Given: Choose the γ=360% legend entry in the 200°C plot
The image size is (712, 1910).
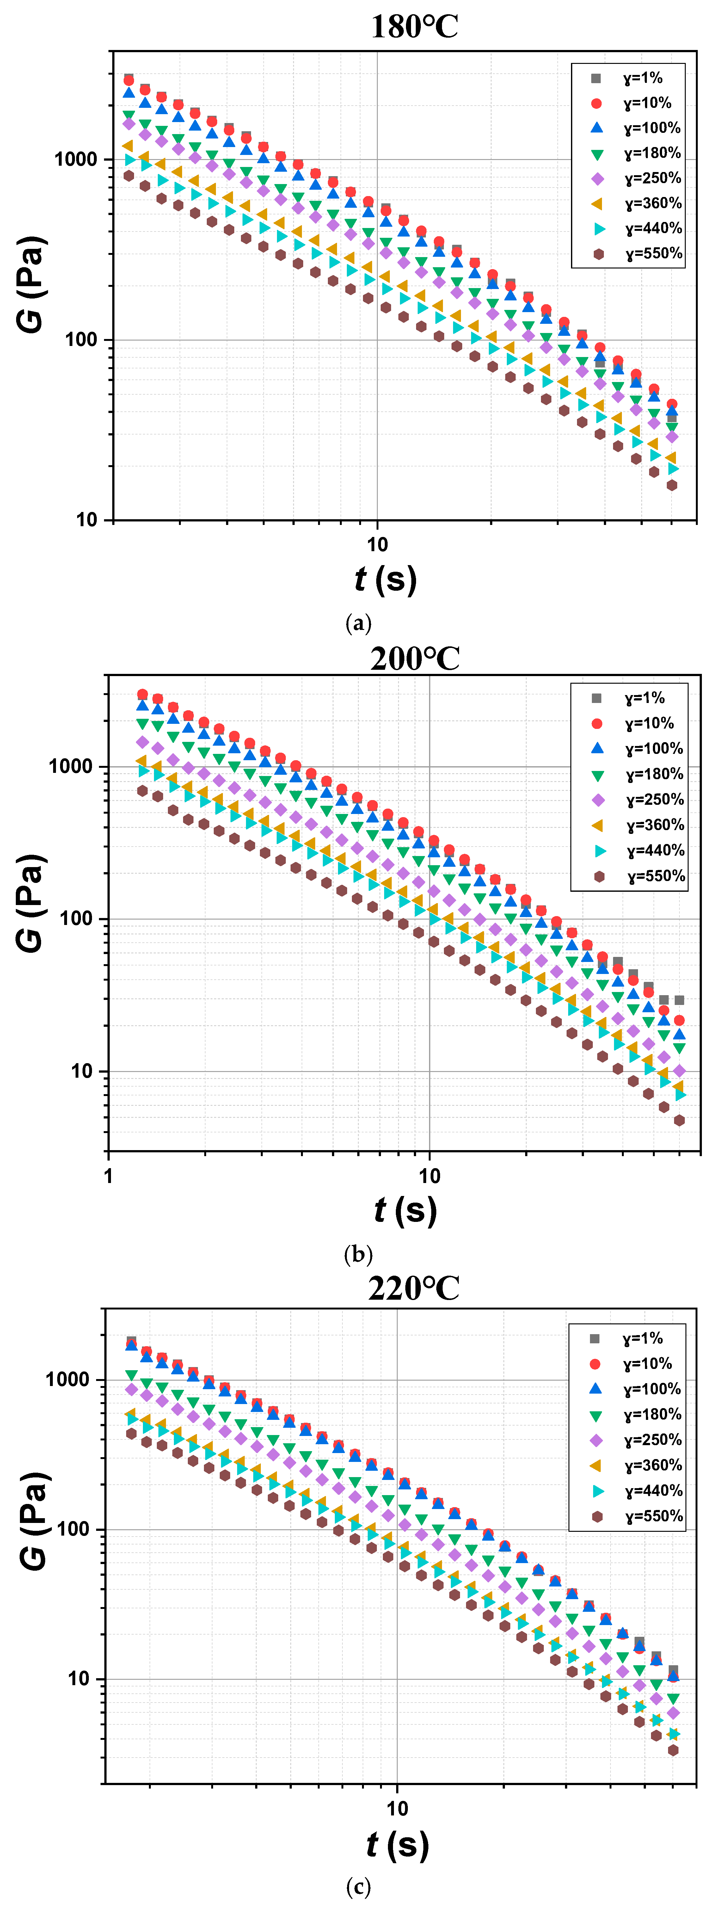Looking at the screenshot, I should [639, 824].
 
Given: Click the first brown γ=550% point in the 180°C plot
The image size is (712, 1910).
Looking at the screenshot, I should [129, 176].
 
